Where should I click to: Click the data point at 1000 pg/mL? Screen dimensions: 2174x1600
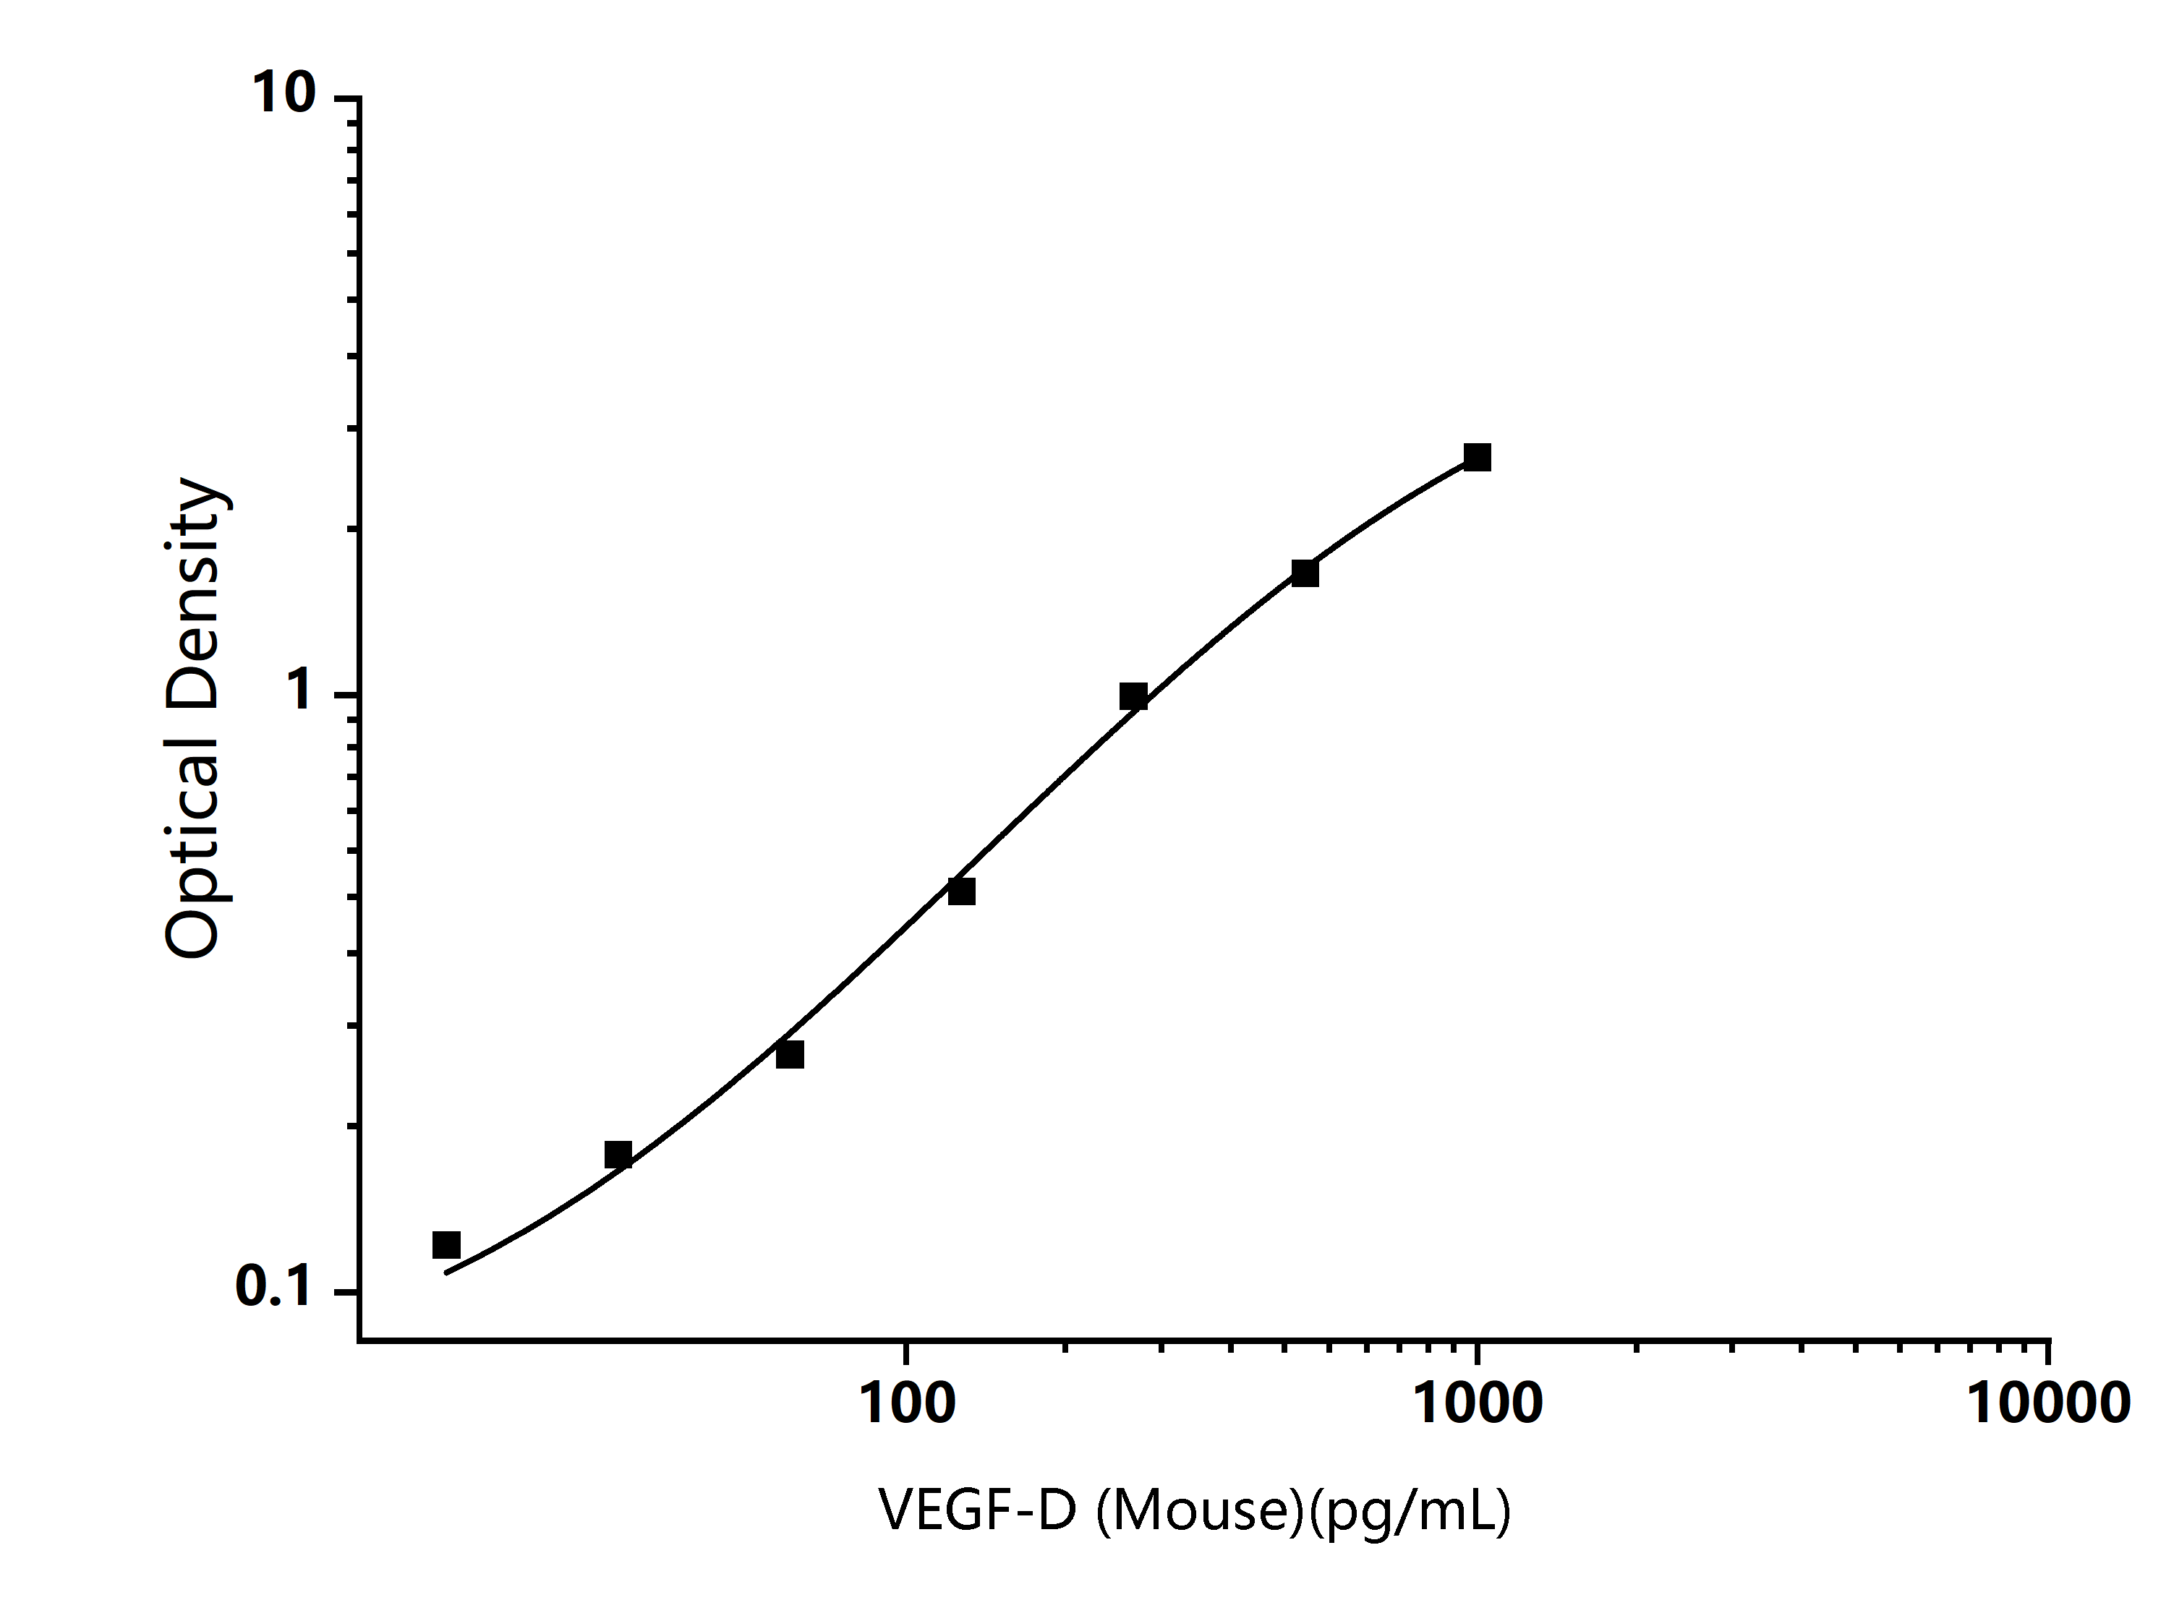(1477, 457)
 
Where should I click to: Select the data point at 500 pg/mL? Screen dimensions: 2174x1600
(1305, 573)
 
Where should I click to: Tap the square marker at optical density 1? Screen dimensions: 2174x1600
(1133, 696)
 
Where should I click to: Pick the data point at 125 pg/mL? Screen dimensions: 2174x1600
(961, 891)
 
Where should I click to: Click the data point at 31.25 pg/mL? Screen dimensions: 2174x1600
(618, 1155)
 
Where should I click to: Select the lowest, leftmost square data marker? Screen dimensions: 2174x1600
(446, 1244)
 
